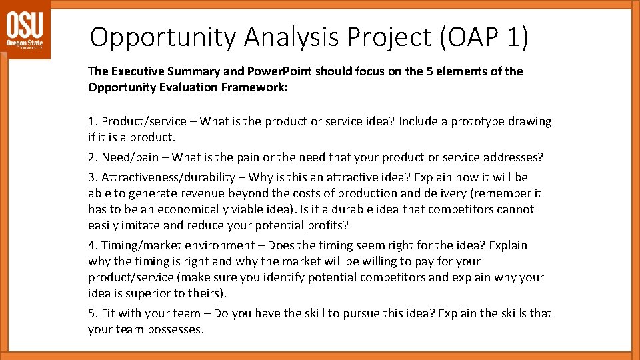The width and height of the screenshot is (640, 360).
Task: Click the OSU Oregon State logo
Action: point(25,30)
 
